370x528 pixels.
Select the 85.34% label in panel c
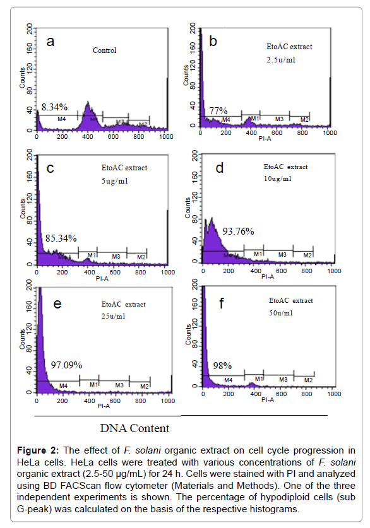[x=61, y=238]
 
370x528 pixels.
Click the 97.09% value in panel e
[x=66, y=365]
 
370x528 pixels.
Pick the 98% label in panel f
[x=222, y=365]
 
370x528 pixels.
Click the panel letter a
[x=52, y=42]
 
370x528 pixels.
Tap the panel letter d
[x=220, y=168]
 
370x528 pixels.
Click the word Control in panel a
[x=105, y=50]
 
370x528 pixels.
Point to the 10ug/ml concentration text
[x=278, y=179]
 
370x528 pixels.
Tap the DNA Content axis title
[x=134, y=428]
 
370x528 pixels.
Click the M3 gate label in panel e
[x=117, y=385]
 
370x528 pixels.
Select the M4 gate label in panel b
[x=226, y=119]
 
